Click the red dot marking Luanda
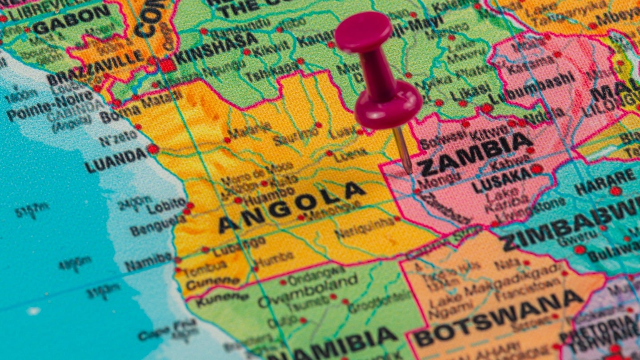point(153,149)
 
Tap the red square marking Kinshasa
point(168,65)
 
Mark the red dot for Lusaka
point(536,169)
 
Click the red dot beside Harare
point(615,191)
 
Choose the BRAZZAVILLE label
point(95,70)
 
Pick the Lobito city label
point(166,205)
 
